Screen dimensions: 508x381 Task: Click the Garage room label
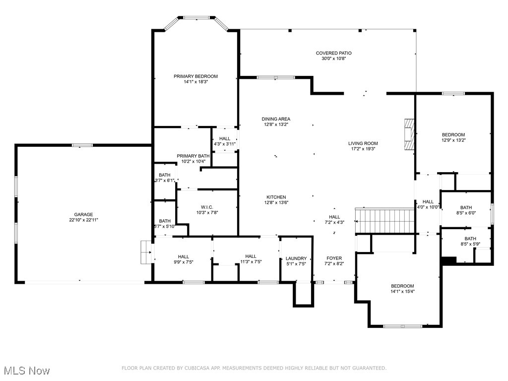point(83,214)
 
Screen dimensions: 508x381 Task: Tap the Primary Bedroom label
point(195,76)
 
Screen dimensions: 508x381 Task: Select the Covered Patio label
point(334,53)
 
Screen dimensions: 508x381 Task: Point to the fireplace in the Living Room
point(409,134)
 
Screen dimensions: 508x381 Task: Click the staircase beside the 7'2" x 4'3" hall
point(385,221)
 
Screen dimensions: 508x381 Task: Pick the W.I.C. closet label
point(207,207)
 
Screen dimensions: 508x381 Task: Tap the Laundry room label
point(296,258)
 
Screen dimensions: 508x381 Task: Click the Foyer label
point(334,258)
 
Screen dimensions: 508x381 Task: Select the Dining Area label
point(276,119)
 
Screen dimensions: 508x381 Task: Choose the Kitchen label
point(276,197)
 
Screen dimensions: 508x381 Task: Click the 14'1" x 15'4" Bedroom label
point(402,286)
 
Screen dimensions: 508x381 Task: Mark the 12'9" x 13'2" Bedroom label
point(453,135)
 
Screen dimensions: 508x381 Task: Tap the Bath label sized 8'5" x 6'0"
point(466,208)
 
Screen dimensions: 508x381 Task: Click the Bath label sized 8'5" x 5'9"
point(470,239)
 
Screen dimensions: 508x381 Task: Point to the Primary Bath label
point(193,156)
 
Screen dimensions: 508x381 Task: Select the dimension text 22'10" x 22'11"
point(83,220)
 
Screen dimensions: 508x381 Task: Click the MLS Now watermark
point(27,371)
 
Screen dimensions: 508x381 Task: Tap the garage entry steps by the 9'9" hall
point(146,252)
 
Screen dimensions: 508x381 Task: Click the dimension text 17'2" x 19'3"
point(363,149)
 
